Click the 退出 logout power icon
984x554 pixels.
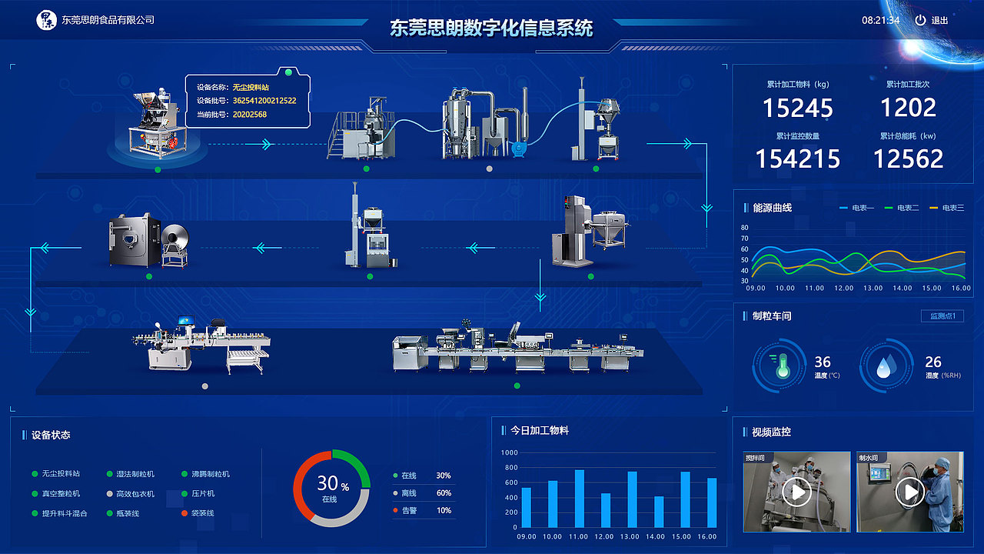pos(920,20)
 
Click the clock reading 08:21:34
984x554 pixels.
pos(880,20)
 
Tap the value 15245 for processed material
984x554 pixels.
pos(798,108)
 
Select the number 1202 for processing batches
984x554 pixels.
pos(908,108)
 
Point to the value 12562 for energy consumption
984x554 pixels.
pos(908,159)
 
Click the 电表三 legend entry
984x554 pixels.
pos(946,208)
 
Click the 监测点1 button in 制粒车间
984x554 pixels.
pos(942,316)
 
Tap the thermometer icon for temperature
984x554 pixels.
pos(782,365)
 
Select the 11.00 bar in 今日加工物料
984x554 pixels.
pos(579,499)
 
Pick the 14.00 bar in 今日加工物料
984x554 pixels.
pos(658,512)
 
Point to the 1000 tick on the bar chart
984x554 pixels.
pos(510,452)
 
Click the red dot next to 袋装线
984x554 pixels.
pos(185,513)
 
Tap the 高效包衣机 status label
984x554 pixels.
pos(135,494)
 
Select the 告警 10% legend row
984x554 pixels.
pos(422,510)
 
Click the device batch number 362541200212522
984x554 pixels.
pos(264,101)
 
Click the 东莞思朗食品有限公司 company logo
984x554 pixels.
pos(47,19)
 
